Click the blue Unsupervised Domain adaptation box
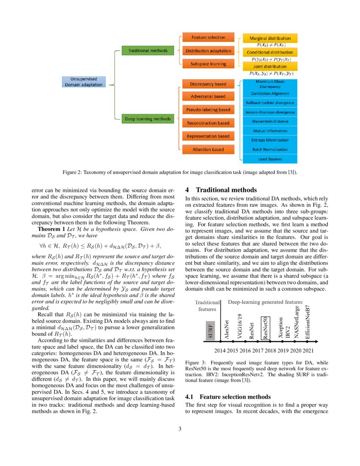pos(83,82)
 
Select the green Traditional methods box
pos(145,51)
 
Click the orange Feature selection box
pos(208,37)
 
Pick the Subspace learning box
pos(208,64)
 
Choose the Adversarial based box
pos(208,96)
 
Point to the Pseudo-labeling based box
pos(208,110)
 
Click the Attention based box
pos(208,150)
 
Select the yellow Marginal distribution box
pos(270,38)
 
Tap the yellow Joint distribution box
pos(270,67)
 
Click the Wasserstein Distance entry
pos(270,122)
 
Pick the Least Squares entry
pos(270,159)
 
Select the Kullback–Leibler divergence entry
pos(270,103)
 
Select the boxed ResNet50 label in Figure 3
pos(265,329)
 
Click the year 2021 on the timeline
pos(308,350)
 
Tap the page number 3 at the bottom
pos(180,429)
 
